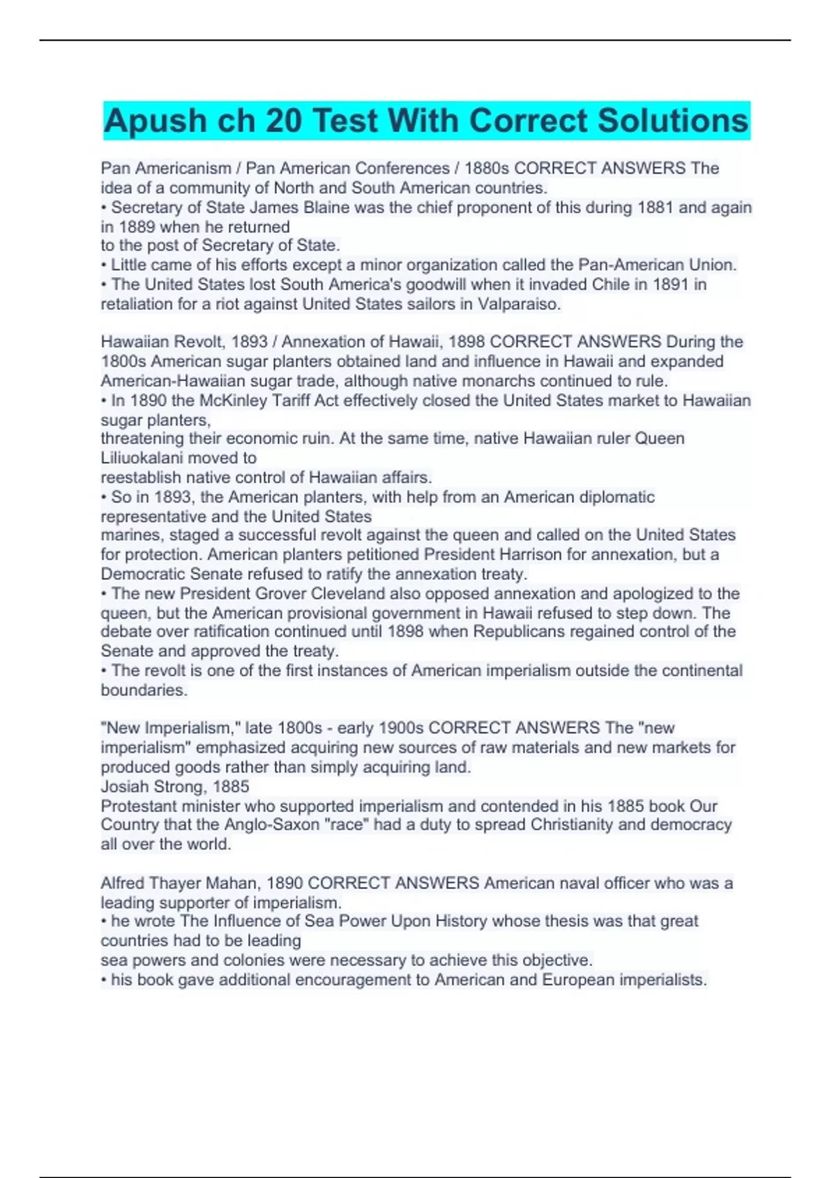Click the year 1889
pyautogui.click(x=136, y=227)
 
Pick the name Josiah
pyautogui.click(x=125, y=786)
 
